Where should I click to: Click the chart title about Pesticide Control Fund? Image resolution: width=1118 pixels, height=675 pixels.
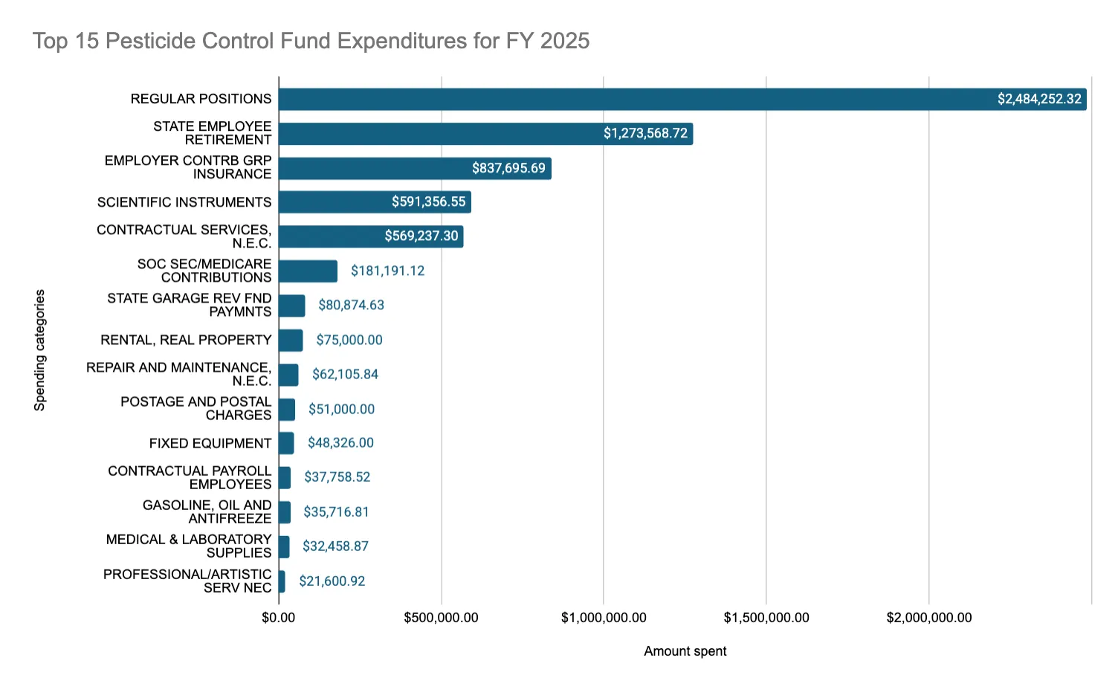311,40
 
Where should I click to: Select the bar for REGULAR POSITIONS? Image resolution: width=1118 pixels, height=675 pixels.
682,99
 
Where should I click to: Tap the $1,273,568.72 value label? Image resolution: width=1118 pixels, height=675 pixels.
645,133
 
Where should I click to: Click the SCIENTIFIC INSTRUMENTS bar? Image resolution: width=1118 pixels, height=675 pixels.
375,201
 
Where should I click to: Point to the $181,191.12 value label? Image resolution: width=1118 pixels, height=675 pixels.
388,271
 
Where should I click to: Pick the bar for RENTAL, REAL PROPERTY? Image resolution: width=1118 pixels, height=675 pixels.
291,340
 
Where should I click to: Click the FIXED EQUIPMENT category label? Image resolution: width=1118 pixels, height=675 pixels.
210,443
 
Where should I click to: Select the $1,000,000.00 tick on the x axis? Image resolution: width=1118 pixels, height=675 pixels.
604,618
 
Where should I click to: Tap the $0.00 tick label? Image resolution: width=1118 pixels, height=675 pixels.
279,618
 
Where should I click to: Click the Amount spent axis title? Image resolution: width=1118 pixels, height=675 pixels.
685,651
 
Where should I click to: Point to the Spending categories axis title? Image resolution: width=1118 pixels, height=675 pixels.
39,350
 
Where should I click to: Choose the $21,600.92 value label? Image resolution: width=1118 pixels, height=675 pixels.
332,581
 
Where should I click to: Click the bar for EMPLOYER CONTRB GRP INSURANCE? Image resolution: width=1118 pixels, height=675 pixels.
415,168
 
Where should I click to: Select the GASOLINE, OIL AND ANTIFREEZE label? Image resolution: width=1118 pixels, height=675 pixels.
207,511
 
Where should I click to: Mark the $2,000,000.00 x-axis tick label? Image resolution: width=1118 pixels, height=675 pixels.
929,618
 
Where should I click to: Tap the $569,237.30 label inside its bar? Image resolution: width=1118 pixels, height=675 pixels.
421,236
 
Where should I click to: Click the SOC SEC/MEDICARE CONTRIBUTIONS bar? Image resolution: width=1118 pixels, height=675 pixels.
308,271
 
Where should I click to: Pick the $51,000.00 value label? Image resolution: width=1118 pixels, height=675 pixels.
341,410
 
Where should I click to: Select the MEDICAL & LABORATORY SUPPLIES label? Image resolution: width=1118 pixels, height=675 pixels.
189,546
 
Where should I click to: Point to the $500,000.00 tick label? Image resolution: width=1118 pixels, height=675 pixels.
442,618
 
